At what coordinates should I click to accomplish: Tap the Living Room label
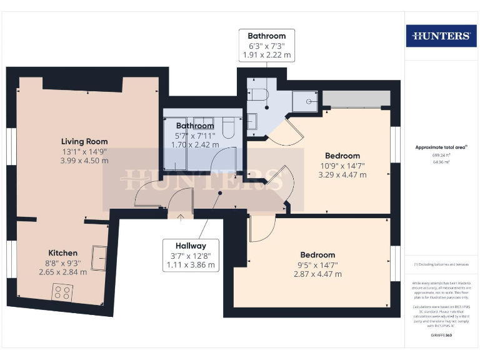(84, 141)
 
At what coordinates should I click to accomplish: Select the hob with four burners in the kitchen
(63, 292)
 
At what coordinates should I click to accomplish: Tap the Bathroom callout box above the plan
(267, 46)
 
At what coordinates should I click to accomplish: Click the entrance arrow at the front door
(181, 217)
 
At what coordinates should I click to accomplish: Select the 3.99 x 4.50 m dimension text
(84, 161)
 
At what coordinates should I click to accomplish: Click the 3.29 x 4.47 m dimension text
(342, 174)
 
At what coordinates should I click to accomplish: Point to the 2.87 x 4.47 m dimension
(317, 274)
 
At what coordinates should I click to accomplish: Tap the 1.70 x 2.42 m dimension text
(195, 144)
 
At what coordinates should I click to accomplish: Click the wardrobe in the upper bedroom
(356, 99)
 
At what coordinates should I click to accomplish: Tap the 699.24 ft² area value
(441, 154)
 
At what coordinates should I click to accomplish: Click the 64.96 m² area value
(441, 161)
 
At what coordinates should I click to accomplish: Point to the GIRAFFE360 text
(441, 336)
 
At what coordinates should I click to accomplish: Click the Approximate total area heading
(441, 147)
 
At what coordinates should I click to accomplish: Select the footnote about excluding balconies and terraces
(441, 264)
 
